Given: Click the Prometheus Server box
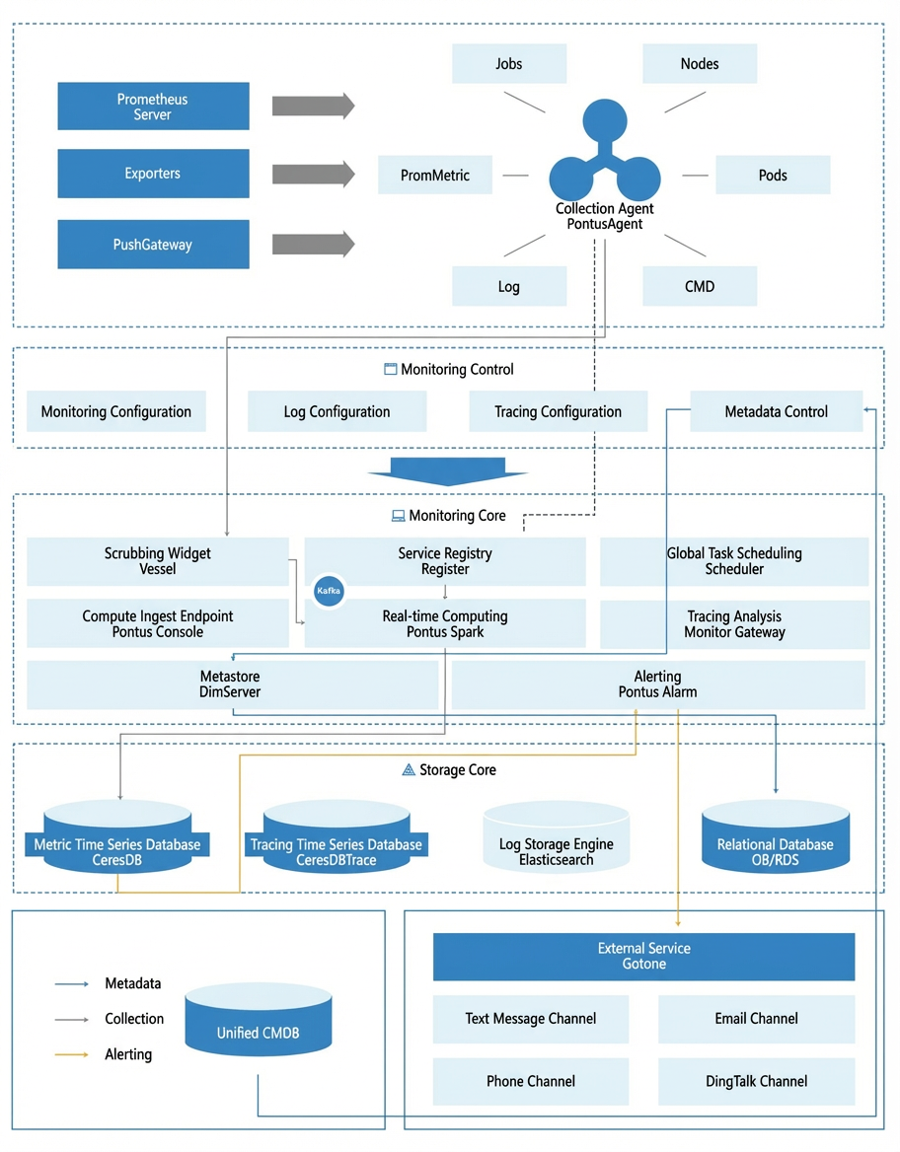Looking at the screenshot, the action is point(153,107).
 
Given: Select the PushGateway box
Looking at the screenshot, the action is point(153,244).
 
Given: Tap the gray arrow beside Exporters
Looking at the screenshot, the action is point(313,175).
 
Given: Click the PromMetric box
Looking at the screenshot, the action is point(435,175).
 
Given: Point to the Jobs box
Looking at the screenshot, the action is point(509,63).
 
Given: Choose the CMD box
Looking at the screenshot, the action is point(700,286).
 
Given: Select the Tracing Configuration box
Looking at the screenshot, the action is point(559,411).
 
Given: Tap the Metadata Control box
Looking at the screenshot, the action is point(776,411).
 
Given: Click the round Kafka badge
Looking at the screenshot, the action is point(329,591).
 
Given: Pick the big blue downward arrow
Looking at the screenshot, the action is point(447,471).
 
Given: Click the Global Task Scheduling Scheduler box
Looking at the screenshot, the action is point(734,561).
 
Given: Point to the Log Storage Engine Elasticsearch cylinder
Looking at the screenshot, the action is point(556,836).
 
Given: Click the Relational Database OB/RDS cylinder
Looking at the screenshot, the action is point(776,836).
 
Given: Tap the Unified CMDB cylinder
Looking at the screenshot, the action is point(259,1019).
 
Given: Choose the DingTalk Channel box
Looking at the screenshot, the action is point(756,1081).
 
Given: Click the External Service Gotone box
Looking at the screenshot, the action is point(643,957).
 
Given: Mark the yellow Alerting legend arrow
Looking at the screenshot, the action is point(71,1054).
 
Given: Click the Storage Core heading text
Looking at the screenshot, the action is point(457,770).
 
